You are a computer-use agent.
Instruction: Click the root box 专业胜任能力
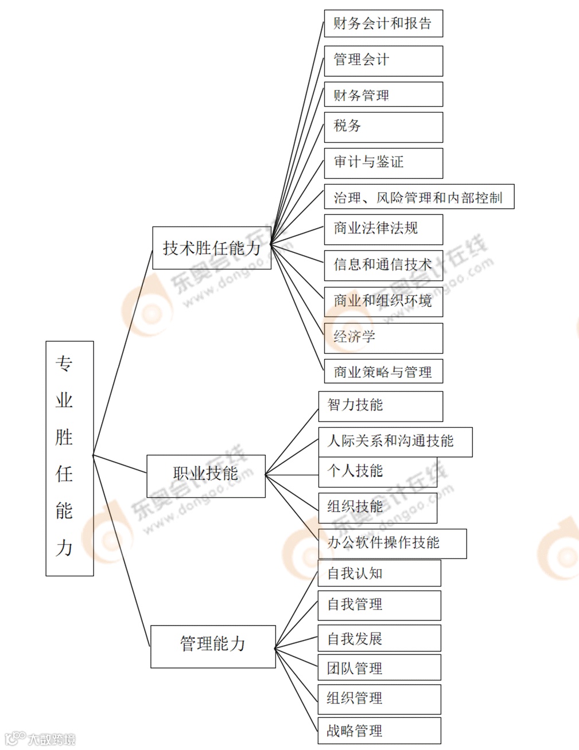click(x=69, y=458)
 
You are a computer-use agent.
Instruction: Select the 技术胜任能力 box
click(x=212, y=248)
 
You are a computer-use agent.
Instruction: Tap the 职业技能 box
click(x=206, y=475)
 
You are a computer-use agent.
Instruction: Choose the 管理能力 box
click(x=213, y=646)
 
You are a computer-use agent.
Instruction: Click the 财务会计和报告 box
click(x=383, y=24)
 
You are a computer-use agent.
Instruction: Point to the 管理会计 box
click(x=383, y=60)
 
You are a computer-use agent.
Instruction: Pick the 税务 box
click(x=383, y=127)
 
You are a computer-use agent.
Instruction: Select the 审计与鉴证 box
click(x=383, y=163)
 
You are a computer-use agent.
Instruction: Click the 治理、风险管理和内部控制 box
click(x=419, y=197)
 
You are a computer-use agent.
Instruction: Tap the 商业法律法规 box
click(x=383, y=229)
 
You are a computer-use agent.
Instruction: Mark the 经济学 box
click(x=383, y=337)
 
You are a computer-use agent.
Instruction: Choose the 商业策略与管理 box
click(x=383, y=372)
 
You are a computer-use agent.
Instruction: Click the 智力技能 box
click(x=380, y=406)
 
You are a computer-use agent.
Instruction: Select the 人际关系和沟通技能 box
click(x=395, y=442)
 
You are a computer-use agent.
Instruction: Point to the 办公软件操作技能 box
click(x=393, y=543)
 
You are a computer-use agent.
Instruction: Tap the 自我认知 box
click(x=379, y=573)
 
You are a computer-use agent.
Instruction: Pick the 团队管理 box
click(x=379, y=668)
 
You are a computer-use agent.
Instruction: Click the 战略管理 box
click(x=379, y=731)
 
